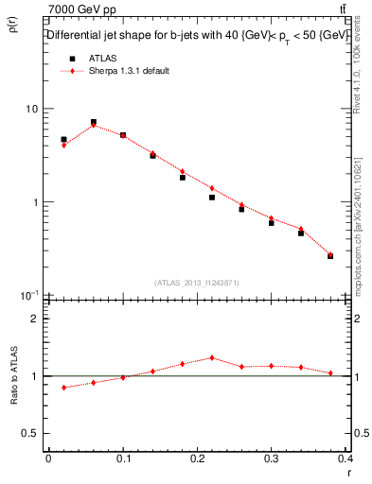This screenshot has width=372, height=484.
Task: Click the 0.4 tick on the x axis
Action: coord(346,459)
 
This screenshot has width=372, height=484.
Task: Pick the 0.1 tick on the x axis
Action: coord(123,459)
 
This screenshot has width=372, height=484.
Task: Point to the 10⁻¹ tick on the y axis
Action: coord(27,295)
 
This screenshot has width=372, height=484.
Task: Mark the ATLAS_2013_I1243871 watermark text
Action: coord(198,284)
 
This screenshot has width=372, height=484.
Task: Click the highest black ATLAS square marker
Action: coord(94,122)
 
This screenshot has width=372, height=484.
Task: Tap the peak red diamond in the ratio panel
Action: coord(212,357)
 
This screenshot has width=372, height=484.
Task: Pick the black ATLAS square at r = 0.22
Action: coord(212,198)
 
